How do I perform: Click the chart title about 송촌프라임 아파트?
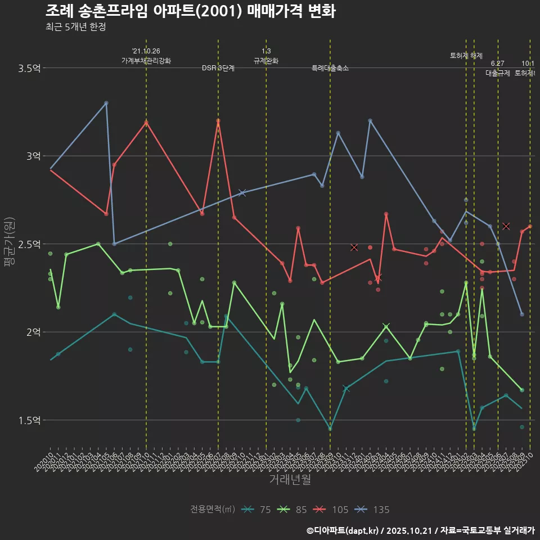(190, 12)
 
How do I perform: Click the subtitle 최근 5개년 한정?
(75, 27)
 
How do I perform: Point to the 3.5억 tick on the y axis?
(29, 68)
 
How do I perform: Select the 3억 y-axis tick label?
(33, 156)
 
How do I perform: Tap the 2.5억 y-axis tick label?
(29, 244)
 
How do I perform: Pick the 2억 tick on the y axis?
(33, 332)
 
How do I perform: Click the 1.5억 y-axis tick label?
(29, 420)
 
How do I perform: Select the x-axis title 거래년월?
(290, 480)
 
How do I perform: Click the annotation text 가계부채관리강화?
(146, 61)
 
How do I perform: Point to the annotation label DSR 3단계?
(218, 68)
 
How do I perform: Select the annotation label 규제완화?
(266, 61)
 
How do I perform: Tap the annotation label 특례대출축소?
(330, 68)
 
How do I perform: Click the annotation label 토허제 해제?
(466, 56)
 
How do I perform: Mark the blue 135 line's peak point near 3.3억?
(106, 103)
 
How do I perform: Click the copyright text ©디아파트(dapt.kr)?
(343, 530)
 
